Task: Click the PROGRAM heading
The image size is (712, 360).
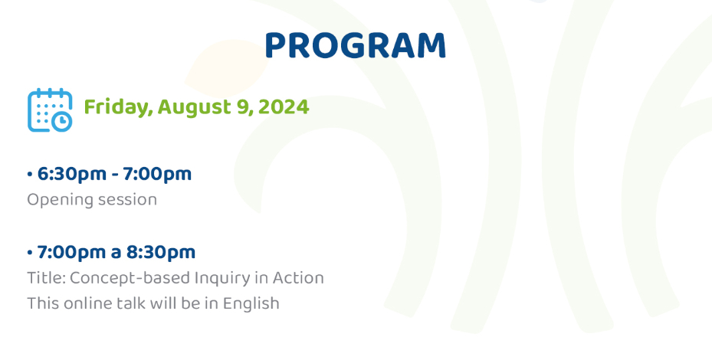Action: coord(356,46)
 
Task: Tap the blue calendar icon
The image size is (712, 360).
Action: coord(50,110)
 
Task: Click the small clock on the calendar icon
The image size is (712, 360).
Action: coord(61,121)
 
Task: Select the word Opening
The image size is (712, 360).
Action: coord(57,200)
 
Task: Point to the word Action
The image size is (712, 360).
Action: coord(298,278)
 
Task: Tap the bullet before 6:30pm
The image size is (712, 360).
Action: coord(30,174)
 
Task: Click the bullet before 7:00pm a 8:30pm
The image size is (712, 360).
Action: coord(30,252)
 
